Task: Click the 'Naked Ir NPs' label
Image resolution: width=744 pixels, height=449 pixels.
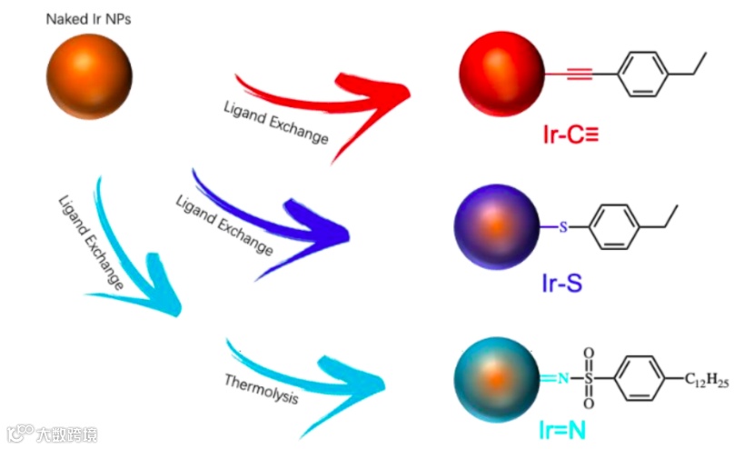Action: pyautogui.click(x=89, y=18)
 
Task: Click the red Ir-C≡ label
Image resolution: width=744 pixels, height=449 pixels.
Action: pyautogui.click(x=569, y=136)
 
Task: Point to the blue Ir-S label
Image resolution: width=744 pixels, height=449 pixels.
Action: pyautogui.click(x=560, y=284)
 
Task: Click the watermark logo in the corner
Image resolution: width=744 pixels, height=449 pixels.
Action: pyautogui.click(x=18, y=434)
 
